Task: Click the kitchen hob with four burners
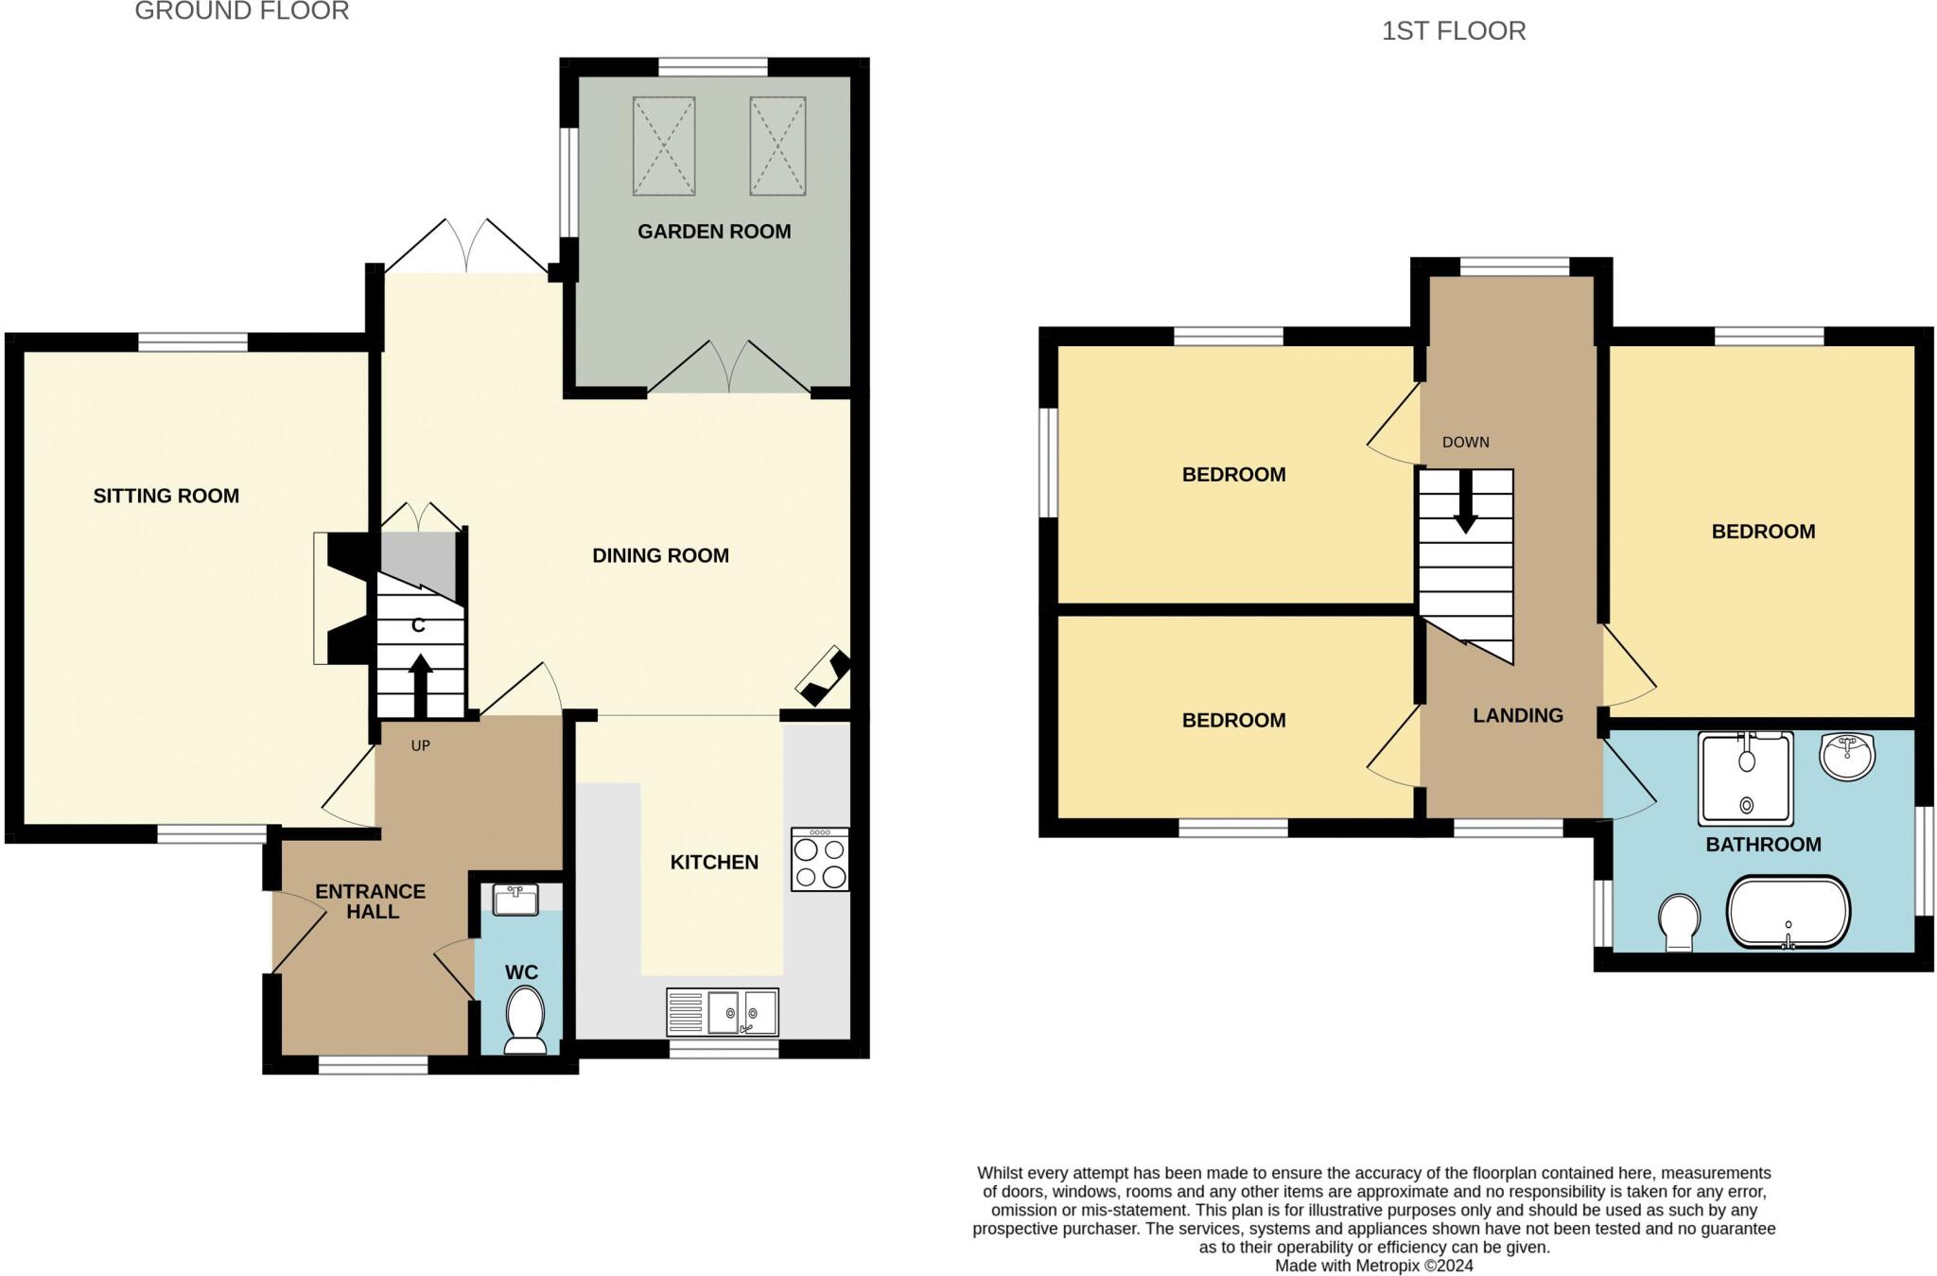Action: click(820, 860)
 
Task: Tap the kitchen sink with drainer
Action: click(723, 1013)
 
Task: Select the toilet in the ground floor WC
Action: click(525, 1020)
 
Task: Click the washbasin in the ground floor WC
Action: click(515, 899)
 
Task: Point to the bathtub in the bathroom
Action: click(1788, 912)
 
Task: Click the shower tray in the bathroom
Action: click(1745, 778)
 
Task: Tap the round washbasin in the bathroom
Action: click(1847, 756)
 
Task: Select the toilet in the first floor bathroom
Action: click(1679, 922)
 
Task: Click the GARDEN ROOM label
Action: click(714, 232)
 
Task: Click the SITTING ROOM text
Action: click(166, 496)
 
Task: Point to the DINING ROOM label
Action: click(660, 556)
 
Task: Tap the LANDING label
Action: click(1517, 716)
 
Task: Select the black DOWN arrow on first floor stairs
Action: click(1465, 501)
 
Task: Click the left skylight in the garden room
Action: click(664, 146)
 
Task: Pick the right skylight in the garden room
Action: click(777, 146)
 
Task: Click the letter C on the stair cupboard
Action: click(418, 626)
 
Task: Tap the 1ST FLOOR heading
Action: click(1454, 31)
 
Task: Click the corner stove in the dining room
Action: click(823, 675)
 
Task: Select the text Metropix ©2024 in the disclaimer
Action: click(1414, 1266)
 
